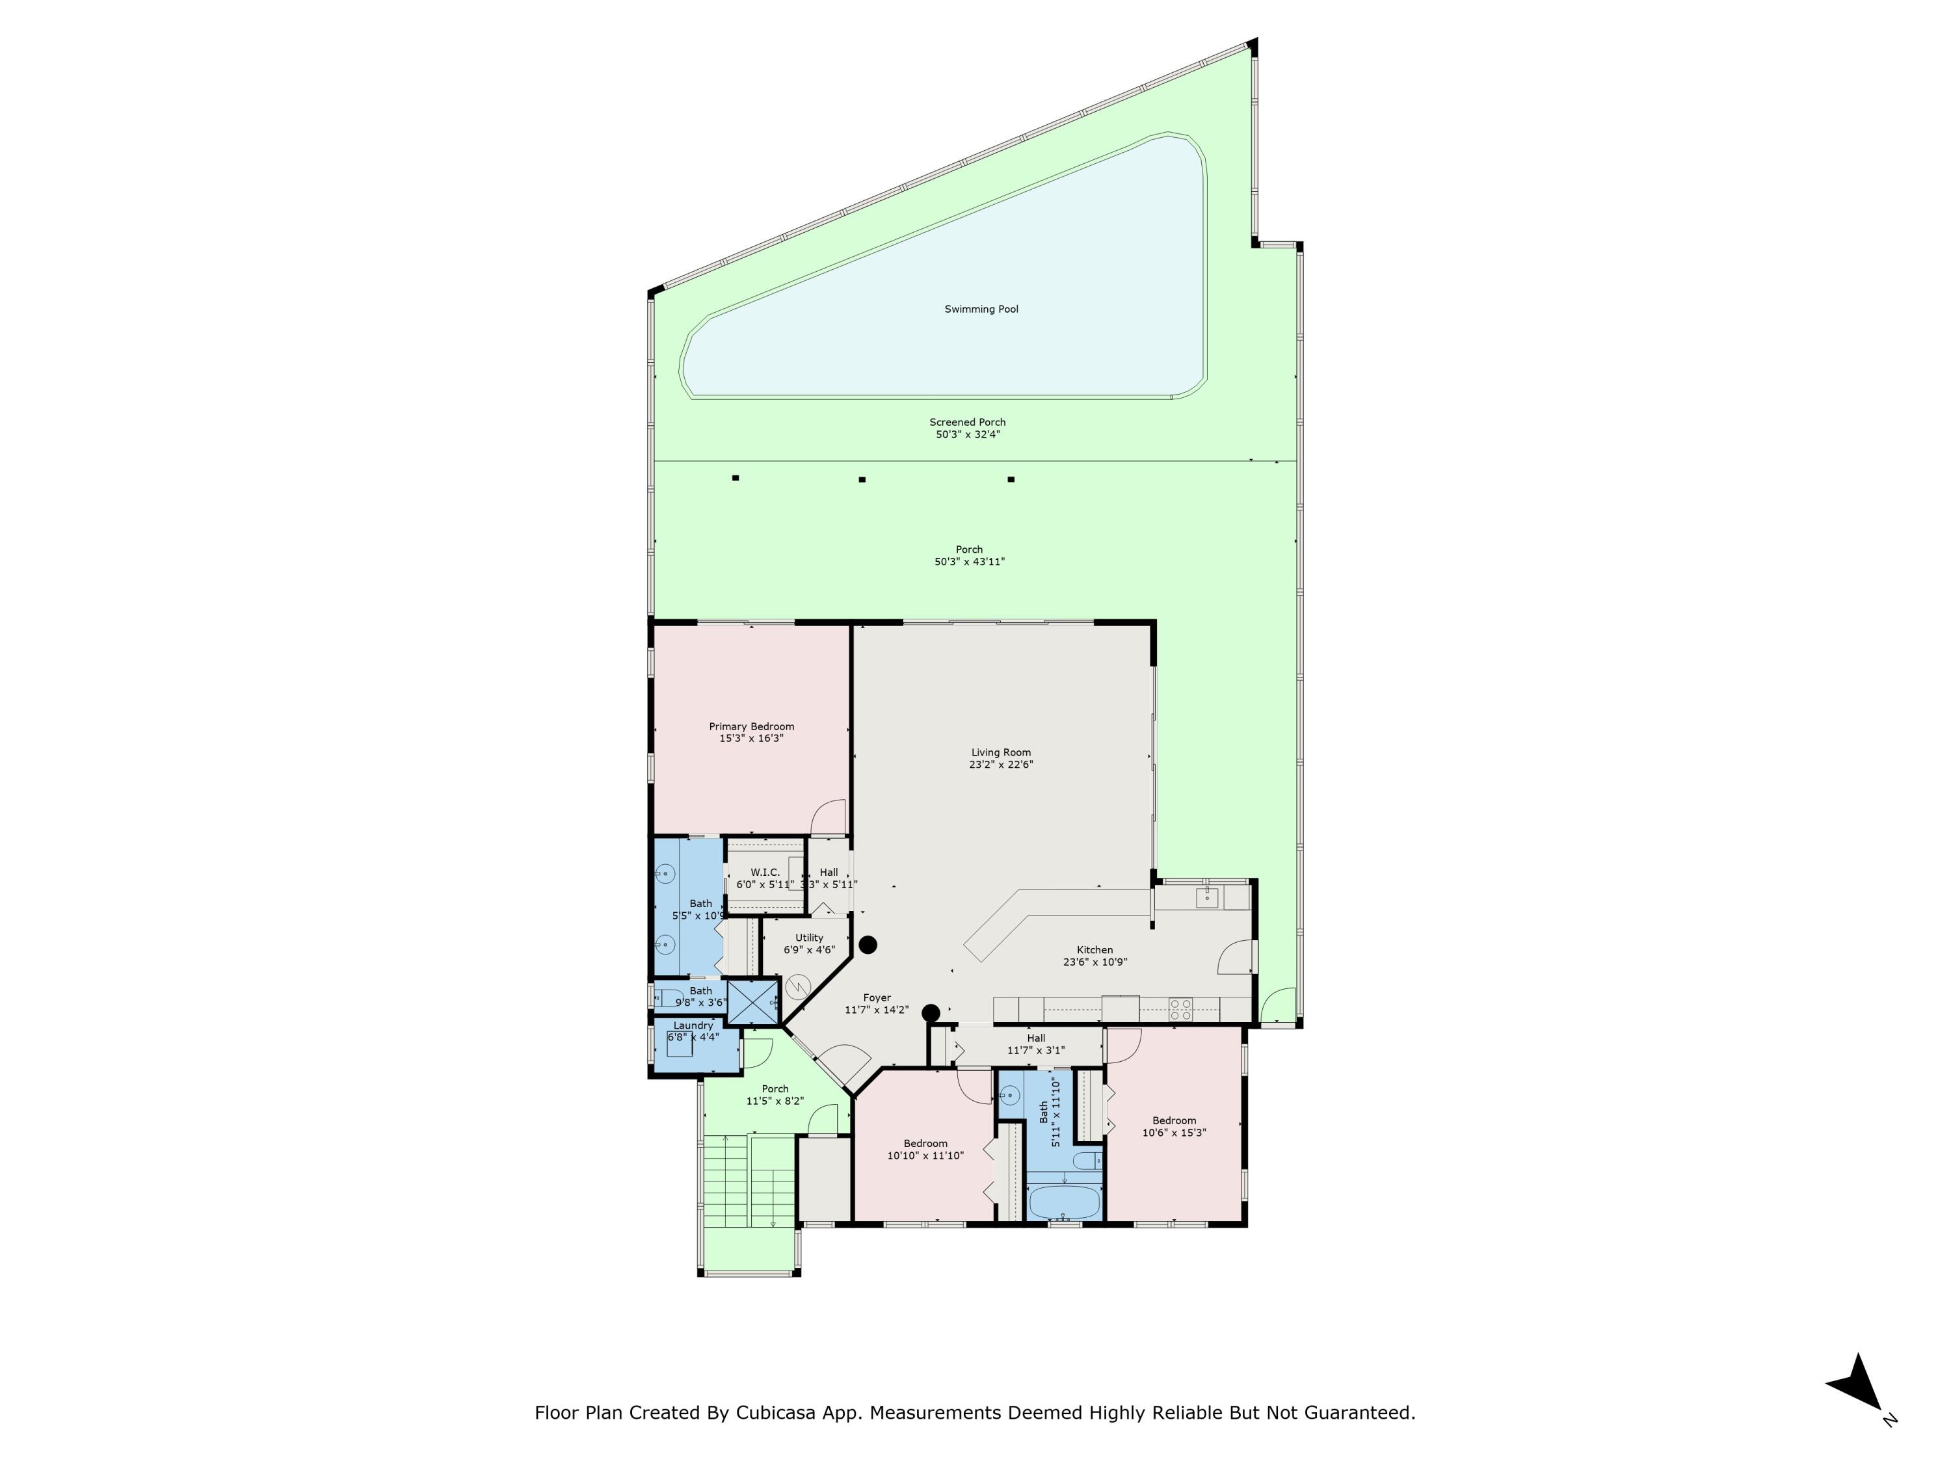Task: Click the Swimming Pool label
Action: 981,310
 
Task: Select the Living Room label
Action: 1000,752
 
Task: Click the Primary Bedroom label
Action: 752,727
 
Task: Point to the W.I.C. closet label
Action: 765,872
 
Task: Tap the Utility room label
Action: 809,938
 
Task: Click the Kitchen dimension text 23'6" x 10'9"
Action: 1095,962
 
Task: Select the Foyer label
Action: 877,997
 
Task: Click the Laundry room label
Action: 693,1025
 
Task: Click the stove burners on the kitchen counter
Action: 1180,1009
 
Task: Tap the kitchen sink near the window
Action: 1206,898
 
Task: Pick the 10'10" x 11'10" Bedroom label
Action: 925,1143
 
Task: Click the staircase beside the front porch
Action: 748,1181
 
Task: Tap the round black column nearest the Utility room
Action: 868,945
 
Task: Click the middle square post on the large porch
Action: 862,480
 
